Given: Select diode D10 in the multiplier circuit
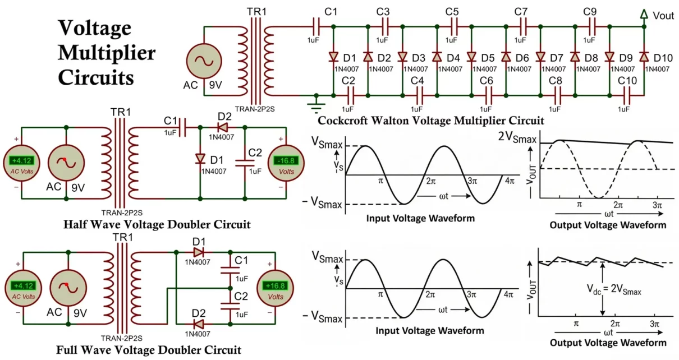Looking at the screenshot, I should click(x=644, y=57).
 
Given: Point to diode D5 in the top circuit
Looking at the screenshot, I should click(x=471, y=57).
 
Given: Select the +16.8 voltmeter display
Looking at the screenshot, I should click(x=275, y=285).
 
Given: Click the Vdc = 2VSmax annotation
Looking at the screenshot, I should click(x=613, y=291).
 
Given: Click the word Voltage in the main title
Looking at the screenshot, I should click(x=94, y=28).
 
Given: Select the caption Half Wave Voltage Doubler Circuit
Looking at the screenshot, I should click(x=157, y=225).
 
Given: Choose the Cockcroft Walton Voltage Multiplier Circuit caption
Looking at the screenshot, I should click(x=430, y=120).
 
